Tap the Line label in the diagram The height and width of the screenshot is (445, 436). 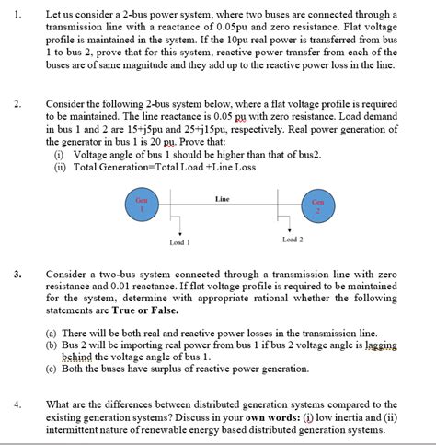[x=222, y=198]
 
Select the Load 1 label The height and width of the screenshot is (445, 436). [x=179, y=243]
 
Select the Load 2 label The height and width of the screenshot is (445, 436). [x=293, y=239]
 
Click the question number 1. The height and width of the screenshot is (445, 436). [x=18, y=15]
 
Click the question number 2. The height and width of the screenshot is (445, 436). [x=18, y=102]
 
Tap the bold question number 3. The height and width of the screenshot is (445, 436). [x=18, y=274]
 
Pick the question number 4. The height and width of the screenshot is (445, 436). [x=18, y=404]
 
